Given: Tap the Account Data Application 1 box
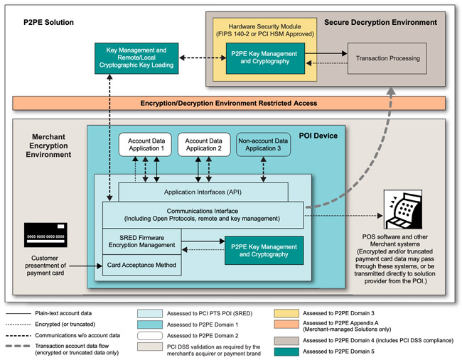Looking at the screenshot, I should (x=145, y=144).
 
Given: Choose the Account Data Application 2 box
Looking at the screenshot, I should (x=204, y=144).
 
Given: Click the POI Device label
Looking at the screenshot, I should (x=317, y=136).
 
